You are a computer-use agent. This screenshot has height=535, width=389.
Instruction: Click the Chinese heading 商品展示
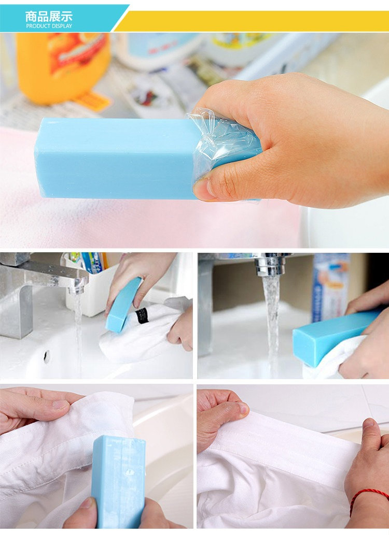point(49,17)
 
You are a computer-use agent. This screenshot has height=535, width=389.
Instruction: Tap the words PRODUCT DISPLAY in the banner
point(49,26)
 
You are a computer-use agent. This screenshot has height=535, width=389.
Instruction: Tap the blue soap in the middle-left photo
point(123,305)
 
